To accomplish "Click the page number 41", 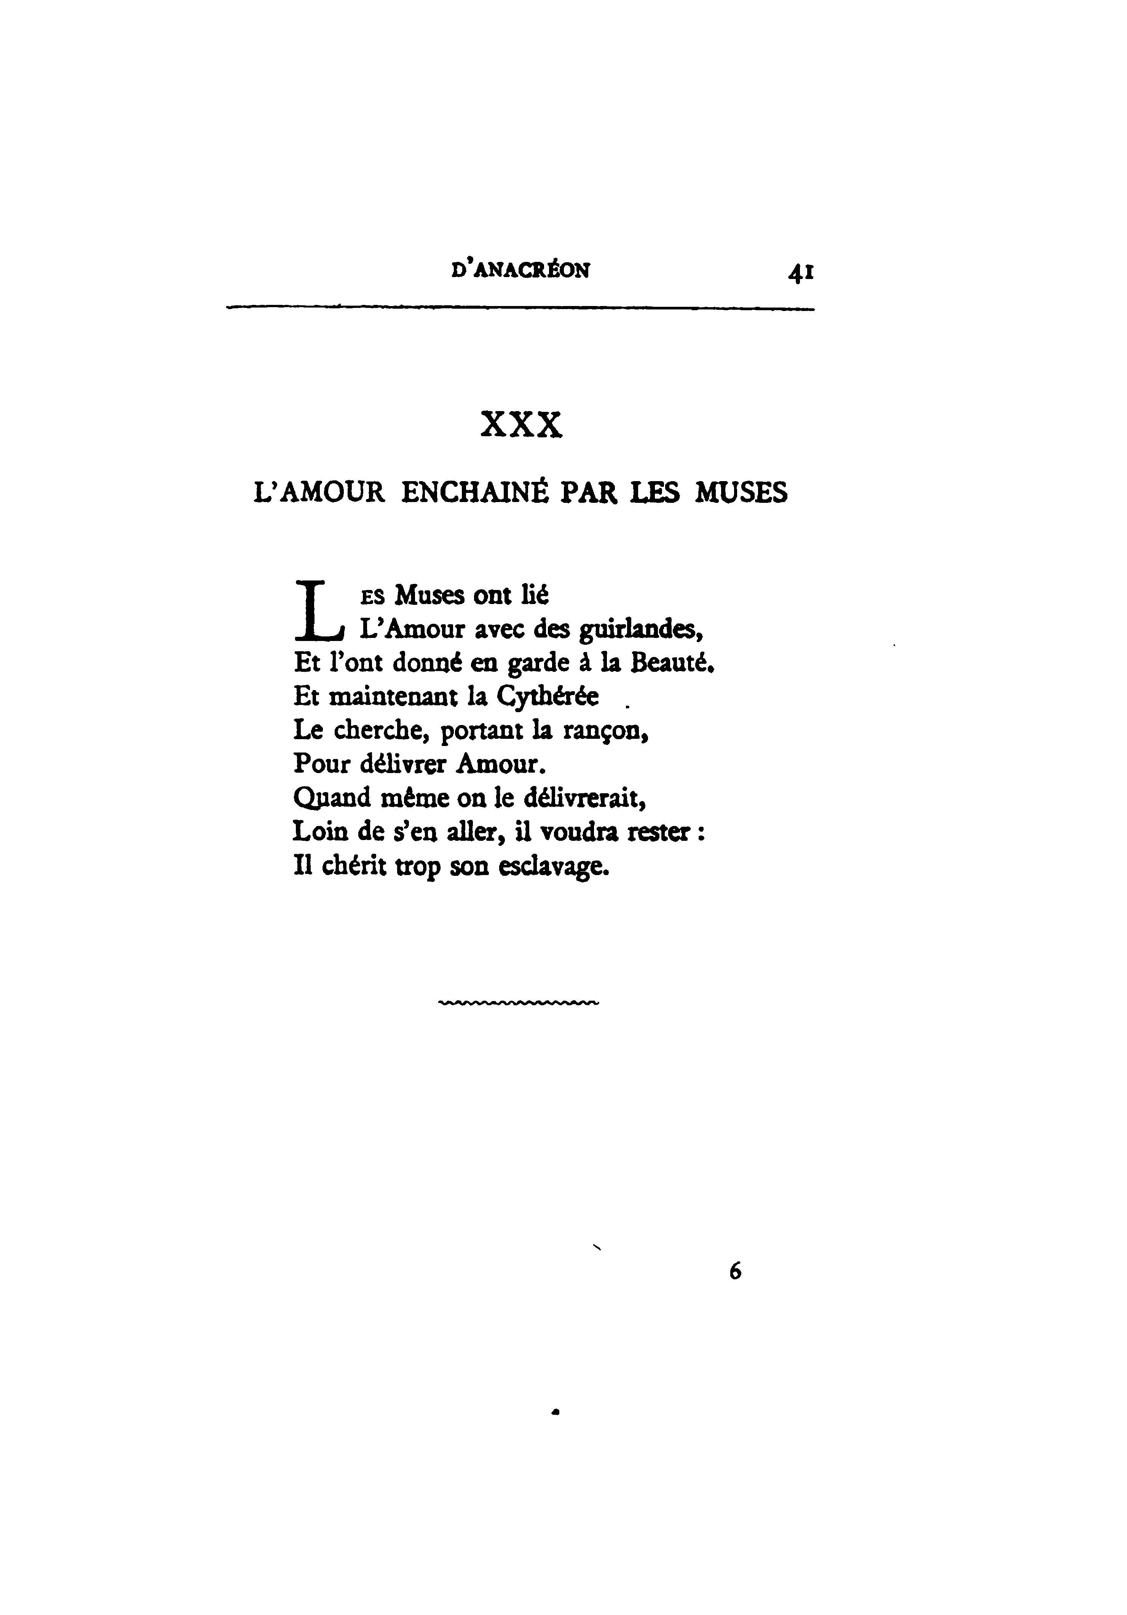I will (x=801, y=272).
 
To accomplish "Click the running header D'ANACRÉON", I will (x=520, y=270).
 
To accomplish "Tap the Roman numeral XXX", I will (x=521, y=425).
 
